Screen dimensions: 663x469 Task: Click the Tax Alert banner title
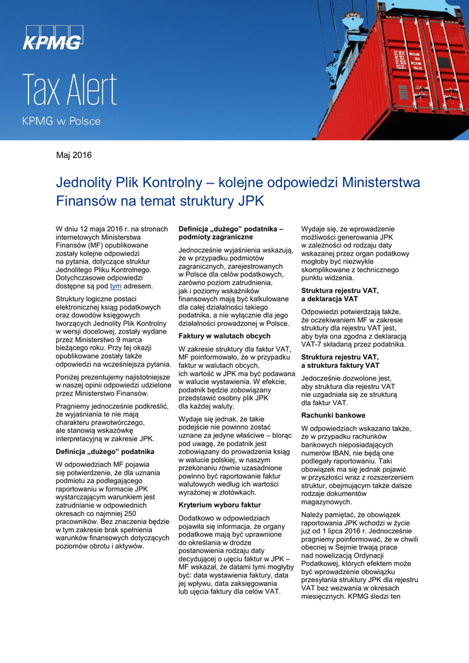coord(70,91)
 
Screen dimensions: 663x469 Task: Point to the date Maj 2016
coord(74,155)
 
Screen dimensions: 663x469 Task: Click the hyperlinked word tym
coord(116,286)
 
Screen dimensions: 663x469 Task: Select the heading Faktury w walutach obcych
coord(224,336)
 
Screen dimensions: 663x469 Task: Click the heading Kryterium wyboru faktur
coord(220,504)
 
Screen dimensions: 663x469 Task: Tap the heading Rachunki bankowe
coord(333,415)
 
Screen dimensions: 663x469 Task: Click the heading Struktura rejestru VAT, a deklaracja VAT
coord(340,295)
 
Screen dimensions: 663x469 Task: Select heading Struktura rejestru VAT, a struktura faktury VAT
coord(340,361)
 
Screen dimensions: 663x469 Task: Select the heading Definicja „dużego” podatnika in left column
coord(105,451)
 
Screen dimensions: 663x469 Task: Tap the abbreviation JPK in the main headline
coord(251,201)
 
